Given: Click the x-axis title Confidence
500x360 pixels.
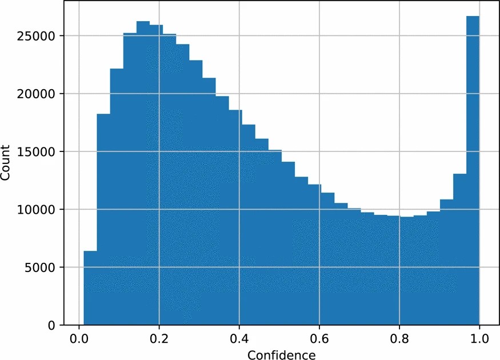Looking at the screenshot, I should (x=281, y=355).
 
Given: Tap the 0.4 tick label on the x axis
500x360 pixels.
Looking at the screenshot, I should (x=239, y=338).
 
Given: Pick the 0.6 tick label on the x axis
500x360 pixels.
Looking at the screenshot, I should (x=319, y=338).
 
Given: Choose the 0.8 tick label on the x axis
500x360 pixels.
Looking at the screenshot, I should (x=399, y=338).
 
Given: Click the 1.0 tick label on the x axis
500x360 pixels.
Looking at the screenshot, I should (x=479, y=338).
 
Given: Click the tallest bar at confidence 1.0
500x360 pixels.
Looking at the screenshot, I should (x=473, y=171).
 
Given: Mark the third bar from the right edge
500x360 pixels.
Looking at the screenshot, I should (x=446, y=262).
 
